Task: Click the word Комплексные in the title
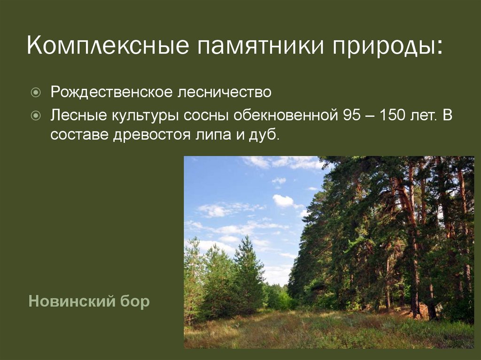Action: coord(108,46)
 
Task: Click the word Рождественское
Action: coord(112,92)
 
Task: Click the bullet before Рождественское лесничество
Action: coord(36,92)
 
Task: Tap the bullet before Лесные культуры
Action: coord(36,116)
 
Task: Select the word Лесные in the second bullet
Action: coord(79,115)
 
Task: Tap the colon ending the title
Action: coord(440,48)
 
